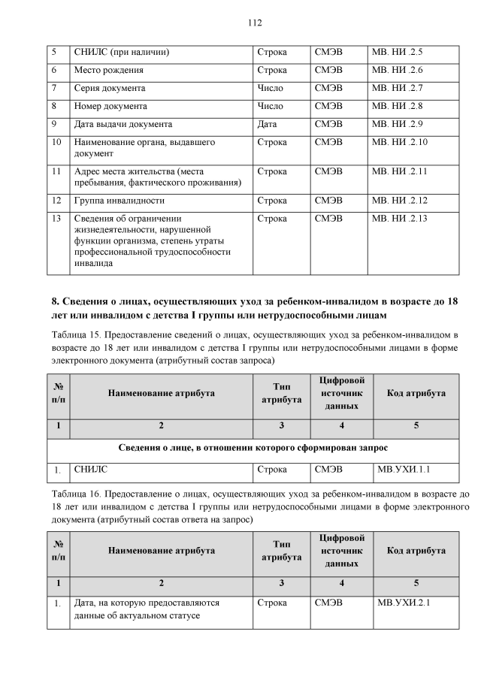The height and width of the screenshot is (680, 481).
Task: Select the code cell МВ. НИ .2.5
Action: coord(398,52)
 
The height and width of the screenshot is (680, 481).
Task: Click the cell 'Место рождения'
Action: coord(108,70)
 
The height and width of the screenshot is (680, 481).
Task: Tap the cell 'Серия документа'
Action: coord(110,88)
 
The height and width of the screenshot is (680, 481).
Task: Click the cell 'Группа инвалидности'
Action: coord(119,201)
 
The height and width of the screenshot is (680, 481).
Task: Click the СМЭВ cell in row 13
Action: coord(328,219)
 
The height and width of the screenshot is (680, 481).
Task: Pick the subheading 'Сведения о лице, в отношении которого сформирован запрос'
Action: coord(254,448)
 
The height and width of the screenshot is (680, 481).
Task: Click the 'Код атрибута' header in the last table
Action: coord(416,550)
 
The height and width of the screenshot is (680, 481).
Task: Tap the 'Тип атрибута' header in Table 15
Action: coord(281,394)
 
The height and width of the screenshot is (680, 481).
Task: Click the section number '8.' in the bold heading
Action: coord(55,301)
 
